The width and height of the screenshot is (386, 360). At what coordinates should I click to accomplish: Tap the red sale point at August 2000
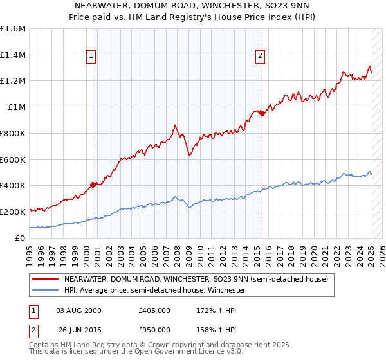tap(93, 184)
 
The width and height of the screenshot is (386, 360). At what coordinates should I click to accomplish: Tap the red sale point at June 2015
tap(262, 113)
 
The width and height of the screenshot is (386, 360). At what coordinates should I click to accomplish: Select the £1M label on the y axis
tap(17, 107)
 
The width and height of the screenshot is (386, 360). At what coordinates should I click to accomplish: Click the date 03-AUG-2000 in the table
tap(78, 310)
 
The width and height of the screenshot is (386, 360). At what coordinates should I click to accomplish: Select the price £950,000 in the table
tap(154, 329)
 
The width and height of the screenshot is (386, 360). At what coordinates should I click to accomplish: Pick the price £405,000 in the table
tap(154, 310)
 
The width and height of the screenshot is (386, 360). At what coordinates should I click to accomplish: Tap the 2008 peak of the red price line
tap(175, 125)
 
